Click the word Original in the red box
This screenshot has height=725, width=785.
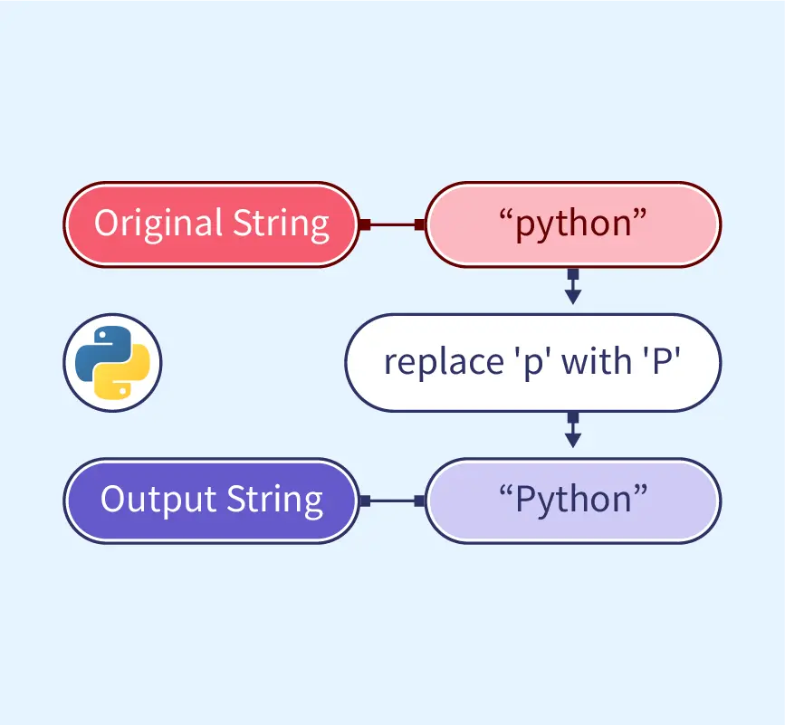[158, 224]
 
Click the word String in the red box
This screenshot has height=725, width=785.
[282, 224]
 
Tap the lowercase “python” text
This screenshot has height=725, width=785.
[572, 224]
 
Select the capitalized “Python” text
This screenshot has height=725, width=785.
[572, 499]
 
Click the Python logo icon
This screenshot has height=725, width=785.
[112, 362]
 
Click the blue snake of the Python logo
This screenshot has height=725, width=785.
[98, 351]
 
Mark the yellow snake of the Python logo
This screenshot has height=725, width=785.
[126, 374]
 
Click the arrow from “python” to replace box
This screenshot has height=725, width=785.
[572, 287]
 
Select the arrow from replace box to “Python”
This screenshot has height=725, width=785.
[572, 430]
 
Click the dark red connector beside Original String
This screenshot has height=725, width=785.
[391, 224]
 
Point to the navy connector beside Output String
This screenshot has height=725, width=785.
[391, 500]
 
